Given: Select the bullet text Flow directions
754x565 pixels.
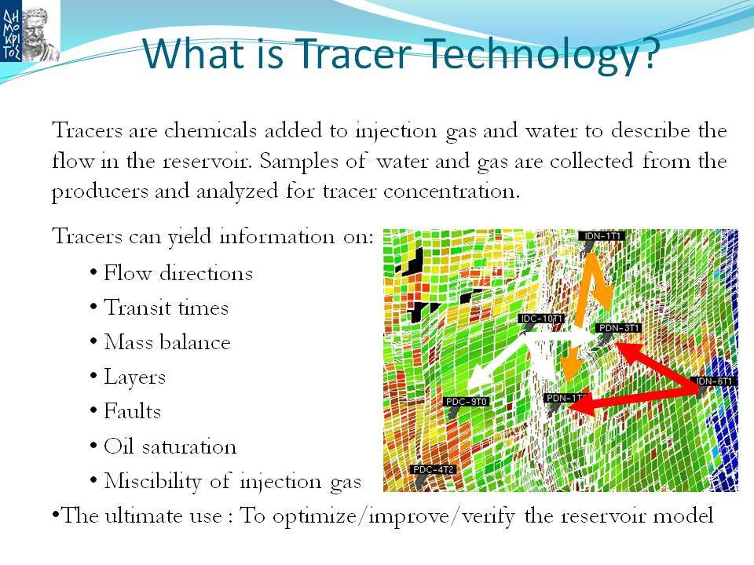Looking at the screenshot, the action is [178, 273].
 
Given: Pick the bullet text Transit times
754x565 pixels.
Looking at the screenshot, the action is [166, 308].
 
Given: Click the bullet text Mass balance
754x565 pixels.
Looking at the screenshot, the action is [167, 342].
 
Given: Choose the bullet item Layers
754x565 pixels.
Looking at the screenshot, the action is [134, 377].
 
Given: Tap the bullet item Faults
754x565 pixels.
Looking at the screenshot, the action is [132, 411].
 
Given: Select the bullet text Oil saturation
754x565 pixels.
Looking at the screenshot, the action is [170, 447].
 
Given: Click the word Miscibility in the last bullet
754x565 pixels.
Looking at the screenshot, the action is [152, 481].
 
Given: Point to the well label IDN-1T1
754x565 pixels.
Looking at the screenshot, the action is [602, 236].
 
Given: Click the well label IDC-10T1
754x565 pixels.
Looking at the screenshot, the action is [541, 319].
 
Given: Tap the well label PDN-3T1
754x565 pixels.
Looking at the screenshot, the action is [619, 328].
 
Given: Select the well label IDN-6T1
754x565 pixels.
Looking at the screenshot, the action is [715, 381].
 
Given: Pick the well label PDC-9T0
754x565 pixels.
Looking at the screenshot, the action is [466, 401].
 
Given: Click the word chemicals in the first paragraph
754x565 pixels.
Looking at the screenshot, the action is [210, 130].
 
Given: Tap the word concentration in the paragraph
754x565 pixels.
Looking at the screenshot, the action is [452, 191].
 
